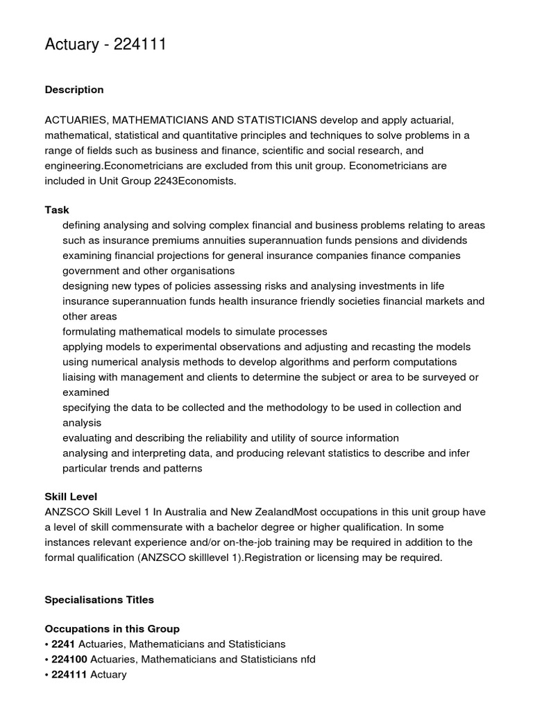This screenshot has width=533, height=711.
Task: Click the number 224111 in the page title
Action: [137, 45]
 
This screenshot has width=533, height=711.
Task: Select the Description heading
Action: [74, 90]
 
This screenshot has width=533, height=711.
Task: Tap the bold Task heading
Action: [57, 210]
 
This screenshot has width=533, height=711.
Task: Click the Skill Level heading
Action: [71, 496]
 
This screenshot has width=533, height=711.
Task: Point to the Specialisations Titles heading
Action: [99, 599]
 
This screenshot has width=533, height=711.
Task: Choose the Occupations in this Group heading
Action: [112, 629]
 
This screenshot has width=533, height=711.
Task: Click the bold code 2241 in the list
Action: [63, 644]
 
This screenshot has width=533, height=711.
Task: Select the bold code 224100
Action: [69, 660]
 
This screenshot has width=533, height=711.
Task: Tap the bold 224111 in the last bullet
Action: [69, 675]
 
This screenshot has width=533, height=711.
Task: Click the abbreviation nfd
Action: [306, 660]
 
